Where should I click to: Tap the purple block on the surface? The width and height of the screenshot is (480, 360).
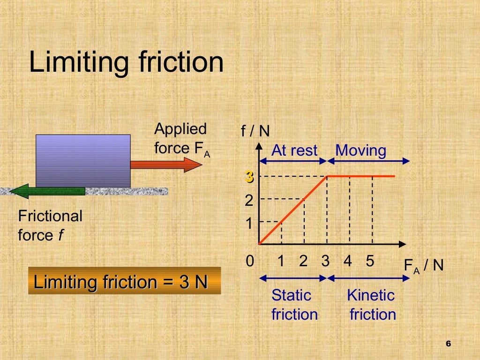coord(83,161)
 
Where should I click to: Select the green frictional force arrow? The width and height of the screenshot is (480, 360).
coord(47,191)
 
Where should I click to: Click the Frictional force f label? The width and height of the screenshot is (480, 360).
coord(50,225)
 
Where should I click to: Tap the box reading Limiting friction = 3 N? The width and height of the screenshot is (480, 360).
coord(124,281)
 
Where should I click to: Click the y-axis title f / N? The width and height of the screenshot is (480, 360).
coord(255,131)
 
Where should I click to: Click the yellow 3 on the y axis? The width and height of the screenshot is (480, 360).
coord(249,177)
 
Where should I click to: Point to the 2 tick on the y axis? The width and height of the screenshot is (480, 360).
coord(249,201)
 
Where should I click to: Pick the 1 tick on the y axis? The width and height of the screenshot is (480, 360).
coord(249,224)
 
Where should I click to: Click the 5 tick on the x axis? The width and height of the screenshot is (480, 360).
coord(370,261)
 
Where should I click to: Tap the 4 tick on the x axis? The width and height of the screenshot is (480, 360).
coord(347,261)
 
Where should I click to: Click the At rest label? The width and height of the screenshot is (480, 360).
coord(294,150)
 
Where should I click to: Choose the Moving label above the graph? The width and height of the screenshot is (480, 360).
coord(361,150)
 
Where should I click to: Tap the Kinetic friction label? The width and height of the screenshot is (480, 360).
coord(372,305)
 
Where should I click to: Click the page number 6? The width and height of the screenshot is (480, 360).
coord(448,344)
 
